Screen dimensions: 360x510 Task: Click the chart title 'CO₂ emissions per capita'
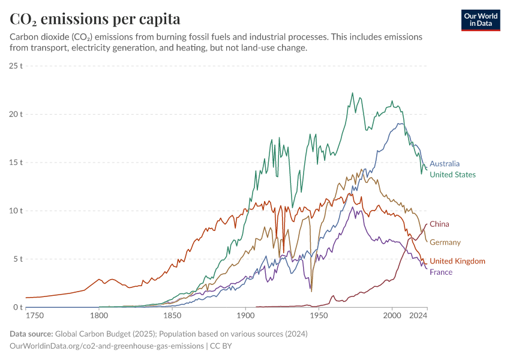coord(95,19)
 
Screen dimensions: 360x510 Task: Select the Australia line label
coord(445,163)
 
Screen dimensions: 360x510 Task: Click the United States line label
coord(452,175)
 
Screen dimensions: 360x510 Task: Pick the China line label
coord(439,224)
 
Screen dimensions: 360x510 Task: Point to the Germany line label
coord(445,242)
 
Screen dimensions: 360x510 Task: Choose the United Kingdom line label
coord(457,261)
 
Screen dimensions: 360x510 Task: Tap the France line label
coord(441,272)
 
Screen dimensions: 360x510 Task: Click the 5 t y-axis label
coord(17,259)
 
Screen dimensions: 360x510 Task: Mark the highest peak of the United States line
coord(352,93)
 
